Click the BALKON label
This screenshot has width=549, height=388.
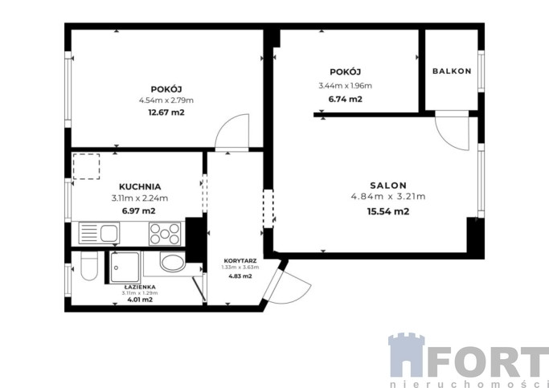point(452,71)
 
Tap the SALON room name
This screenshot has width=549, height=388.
point(388,186)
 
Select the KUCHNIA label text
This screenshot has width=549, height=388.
point(140,187)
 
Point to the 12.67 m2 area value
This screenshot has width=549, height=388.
point(166,112)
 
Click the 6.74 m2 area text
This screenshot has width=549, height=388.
point(345,99)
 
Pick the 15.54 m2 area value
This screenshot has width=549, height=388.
point(388,211)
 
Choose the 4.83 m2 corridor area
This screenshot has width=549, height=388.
point(240,276)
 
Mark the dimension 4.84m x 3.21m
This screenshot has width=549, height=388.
point(388,197)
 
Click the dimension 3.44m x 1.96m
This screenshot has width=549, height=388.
point(345,86)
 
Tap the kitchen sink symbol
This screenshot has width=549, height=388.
point(99,233)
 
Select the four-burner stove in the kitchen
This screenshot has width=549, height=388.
point(165,234)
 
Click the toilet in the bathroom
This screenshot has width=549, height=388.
point(89,266)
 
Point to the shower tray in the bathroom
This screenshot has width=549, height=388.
point(125,268)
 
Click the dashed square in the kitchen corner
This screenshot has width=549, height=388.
point(86,166)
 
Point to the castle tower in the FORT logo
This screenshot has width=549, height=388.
point(407,355)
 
